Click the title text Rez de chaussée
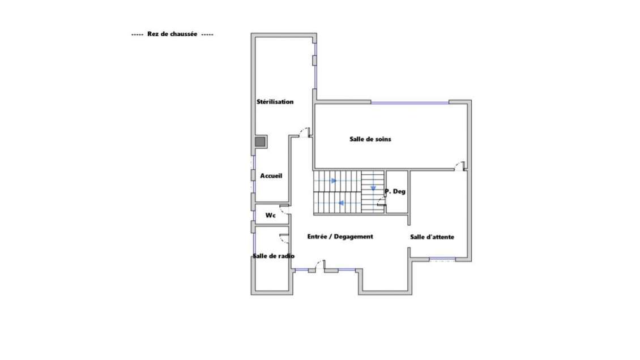point(172,35)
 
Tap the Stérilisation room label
point(275,101)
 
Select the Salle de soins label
point(370,139)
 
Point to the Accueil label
point(271,175)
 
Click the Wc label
point(270,215)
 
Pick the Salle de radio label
point(274,256)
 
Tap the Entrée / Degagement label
point(340,237)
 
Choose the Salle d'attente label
point(432,237)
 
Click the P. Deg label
point(395,191)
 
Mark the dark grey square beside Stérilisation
point(260,142)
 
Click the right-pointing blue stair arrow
point(334,181)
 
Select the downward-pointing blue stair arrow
point(373,188)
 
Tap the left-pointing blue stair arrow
point(341,203)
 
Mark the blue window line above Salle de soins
point(410,103)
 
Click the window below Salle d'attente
point(442,259)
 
